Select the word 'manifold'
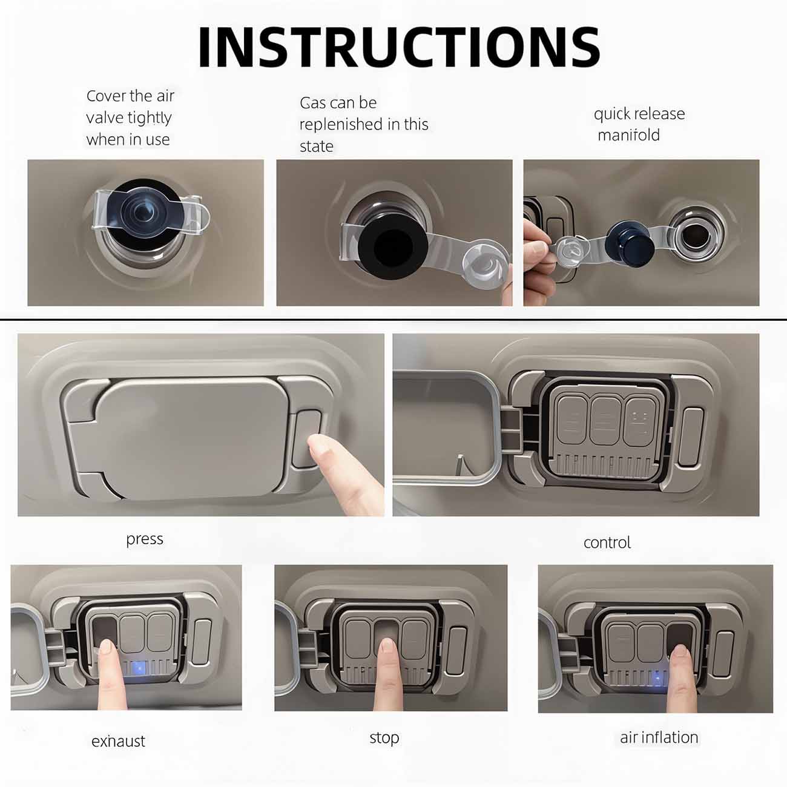[628, 135]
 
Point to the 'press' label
[145, 539]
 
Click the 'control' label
[607, 542]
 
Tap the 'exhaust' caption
[118, 741]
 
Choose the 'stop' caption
[384, 738]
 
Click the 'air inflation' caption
[659, 737]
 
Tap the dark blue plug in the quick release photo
[630, 242]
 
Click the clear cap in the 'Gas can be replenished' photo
[486, 264]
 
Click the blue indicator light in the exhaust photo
[139, 668]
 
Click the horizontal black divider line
[393, 319]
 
